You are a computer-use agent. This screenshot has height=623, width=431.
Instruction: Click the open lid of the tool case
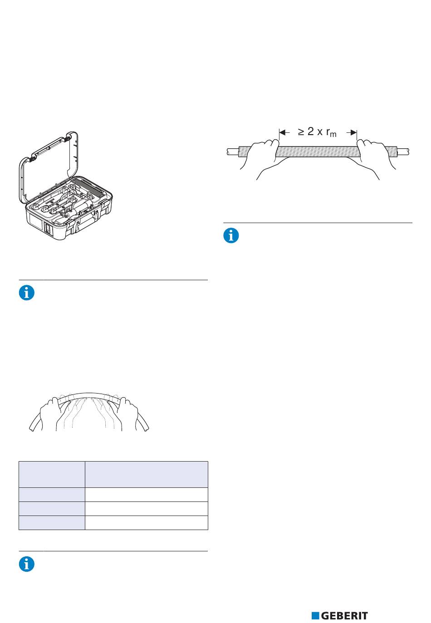coord(48,168)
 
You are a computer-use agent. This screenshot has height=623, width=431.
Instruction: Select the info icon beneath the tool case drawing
coord(27,293)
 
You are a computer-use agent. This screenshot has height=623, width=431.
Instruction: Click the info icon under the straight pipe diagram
coord(231,236)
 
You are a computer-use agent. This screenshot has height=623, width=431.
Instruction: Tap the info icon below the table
coord(27,565)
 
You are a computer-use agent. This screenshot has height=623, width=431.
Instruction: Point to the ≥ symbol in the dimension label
coord(301,132)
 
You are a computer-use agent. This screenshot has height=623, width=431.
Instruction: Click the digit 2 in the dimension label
coord(311,132)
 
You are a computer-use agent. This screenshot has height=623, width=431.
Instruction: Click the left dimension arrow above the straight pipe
coord(284,132)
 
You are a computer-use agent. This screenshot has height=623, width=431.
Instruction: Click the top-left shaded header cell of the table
coord(52,474)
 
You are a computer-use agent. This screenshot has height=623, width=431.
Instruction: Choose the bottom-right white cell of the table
coord(146,523)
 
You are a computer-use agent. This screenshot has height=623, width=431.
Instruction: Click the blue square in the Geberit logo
coord(315,615)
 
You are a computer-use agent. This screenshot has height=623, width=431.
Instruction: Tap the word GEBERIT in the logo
coord(344,615)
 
